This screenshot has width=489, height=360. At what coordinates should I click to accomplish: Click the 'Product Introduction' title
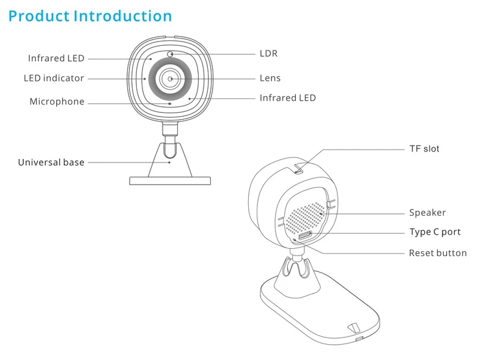point(90,17)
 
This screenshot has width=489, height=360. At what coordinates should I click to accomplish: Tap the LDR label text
point(268,54)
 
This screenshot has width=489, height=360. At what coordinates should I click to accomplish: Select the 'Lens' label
point(270,78)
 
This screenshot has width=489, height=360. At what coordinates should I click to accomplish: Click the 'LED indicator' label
point(54,78)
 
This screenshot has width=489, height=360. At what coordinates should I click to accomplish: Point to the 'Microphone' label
point(57,101)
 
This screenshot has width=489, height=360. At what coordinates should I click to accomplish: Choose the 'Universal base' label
point(51,162)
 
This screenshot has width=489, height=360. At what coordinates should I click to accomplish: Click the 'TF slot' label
point(424,149)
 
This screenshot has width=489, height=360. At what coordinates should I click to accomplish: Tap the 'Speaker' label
point(427,213)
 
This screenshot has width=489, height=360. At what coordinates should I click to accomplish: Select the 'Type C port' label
point(435,232)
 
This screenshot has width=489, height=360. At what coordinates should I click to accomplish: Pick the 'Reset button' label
point(438,253)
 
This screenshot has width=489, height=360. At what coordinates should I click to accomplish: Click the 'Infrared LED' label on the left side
point(56,58)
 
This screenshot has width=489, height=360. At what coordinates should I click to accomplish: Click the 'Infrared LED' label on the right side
point(288,98)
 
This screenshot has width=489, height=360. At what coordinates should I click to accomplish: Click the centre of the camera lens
point(171,79)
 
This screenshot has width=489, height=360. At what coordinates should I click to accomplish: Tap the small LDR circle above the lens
point(170,54)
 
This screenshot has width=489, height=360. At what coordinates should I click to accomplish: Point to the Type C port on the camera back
point(305,235)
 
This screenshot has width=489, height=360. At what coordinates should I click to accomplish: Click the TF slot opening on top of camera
point(298,171)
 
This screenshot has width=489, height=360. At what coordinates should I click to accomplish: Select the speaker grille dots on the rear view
point(305,218)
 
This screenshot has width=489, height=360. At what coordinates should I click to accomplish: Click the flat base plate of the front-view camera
point(170,181)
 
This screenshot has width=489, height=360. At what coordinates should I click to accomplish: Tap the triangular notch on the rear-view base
point(355,328)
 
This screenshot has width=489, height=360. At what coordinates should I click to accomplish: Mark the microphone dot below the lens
point(170,103)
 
